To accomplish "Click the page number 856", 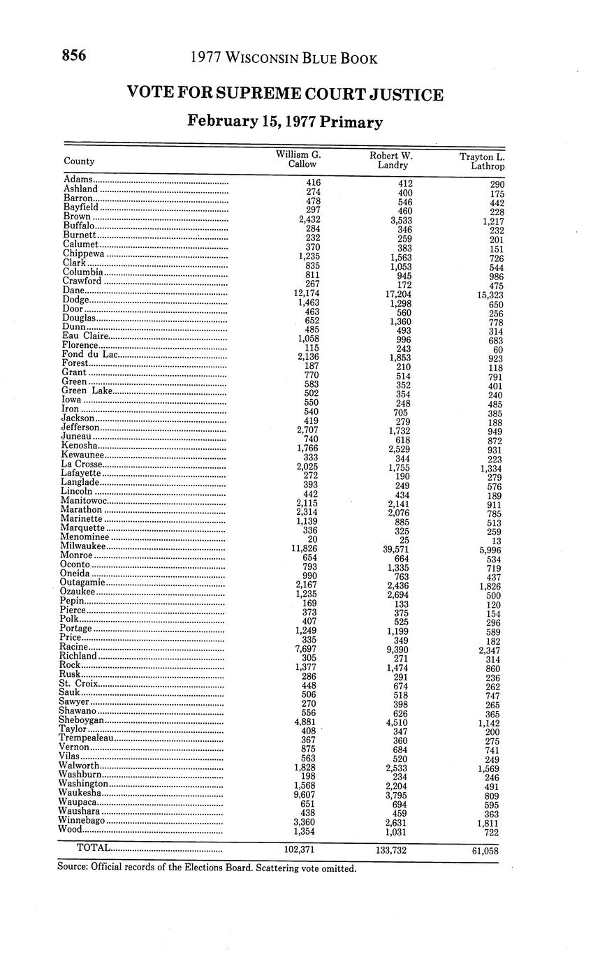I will pos(73,57).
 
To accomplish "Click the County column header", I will pos(79,161).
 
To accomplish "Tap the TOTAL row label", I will pos(93,847).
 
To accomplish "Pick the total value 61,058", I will pos(481,851).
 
